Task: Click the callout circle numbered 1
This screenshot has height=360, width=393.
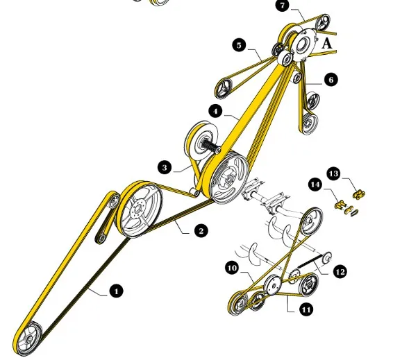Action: tap(116, 291)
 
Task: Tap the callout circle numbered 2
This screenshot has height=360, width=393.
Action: tap(201, 230)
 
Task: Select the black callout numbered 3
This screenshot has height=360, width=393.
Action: tap(165, 167)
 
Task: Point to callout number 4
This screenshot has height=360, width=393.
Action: tap(215, 111)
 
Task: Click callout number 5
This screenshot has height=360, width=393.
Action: tap(239, 45)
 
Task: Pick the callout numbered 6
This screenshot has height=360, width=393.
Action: tap(331, 80)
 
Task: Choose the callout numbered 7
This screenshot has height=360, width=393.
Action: tap(283, 6)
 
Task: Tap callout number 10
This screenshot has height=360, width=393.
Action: tap(232, 268)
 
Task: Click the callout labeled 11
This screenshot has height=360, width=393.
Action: tap(306, 309)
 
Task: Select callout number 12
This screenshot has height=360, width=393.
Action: tap(340, 272)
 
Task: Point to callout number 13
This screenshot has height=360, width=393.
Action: tap(334, 173)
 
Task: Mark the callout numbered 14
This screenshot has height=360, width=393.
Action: tap(315, 185)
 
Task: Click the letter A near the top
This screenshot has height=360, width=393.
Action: tap(326, 44)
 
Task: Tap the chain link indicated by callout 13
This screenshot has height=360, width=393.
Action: tap(359, 194)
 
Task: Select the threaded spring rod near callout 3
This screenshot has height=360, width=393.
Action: tap(210, 146)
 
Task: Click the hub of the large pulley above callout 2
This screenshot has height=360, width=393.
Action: tap(137, 208)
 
